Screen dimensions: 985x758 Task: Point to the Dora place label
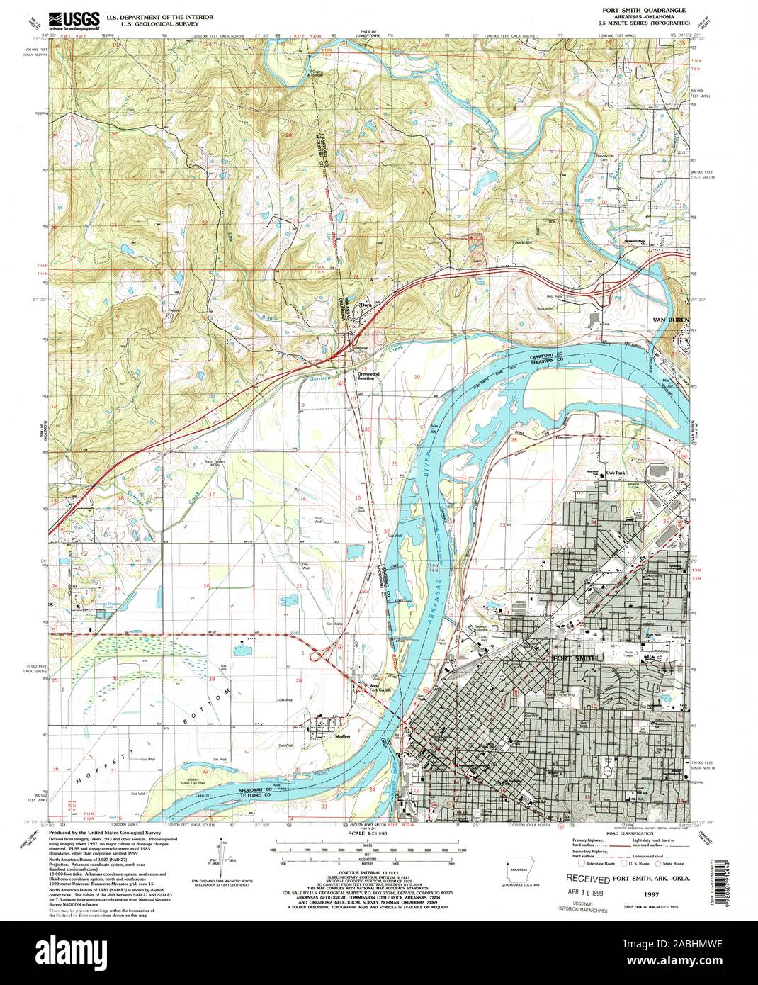coord(366,305)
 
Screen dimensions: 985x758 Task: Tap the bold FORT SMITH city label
coord(575,658)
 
